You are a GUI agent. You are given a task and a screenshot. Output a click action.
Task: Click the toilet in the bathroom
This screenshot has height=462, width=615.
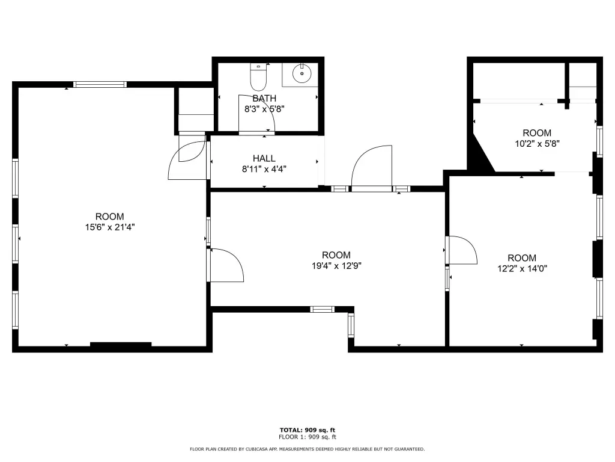point(258,77)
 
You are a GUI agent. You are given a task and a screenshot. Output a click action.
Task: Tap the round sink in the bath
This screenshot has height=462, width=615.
point(301,73)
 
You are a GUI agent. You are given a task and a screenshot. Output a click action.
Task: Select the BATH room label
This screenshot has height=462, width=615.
point(264,98)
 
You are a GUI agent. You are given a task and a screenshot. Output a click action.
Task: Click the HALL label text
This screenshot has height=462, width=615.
point(264,158)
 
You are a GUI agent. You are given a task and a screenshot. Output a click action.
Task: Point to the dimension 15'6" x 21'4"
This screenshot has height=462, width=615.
point(110,227)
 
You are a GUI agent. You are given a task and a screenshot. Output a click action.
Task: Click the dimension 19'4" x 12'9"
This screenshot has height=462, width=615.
point(336,266)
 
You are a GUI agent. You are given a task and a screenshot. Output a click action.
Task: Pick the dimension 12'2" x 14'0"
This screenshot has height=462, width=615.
point(522,269)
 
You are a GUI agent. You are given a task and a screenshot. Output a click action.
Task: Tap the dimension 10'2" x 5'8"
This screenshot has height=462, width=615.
point(537,144)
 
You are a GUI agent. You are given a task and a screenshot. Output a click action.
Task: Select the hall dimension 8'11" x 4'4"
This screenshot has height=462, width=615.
point(264,169)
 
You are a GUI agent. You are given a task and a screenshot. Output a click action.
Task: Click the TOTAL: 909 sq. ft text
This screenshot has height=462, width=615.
point(307,430)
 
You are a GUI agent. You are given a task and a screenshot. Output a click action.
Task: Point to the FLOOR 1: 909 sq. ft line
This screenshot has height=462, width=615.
point(307,437)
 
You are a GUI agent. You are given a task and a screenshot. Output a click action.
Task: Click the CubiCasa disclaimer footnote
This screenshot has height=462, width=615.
point(307,449)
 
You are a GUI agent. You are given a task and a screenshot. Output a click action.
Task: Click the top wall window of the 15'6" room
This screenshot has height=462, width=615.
point(100,84)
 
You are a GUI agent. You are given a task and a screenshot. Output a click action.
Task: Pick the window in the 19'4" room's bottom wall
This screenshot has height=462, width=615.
point(323,310)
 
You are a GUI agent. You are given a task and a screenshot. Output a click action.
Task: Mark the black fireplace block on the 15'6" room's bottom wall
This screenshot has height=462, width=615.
point(121,345)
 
